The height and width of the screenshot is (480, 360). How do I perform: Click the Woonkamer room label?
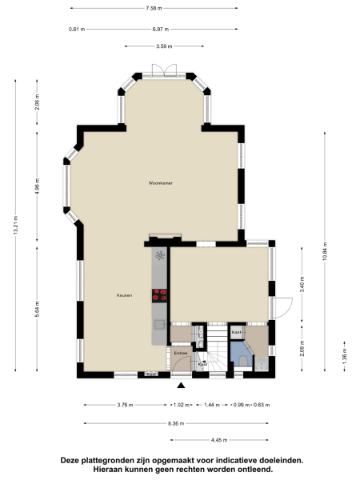point(161,183)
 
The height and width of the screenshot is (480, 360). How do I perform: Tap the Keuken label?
point(124,296)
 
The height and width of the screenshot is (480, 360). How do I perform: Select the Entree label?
point(180,352)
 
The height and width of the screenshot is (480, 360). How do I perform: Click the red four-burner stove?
point(159,294)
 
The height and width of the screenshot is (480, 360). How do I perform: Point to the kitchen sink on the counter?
point(159,256)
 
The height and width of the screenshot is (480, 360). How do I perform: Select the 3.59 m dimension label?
point(165,46)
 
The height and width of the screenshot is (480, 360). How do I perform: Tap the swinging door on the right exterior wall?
point(280,308)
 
